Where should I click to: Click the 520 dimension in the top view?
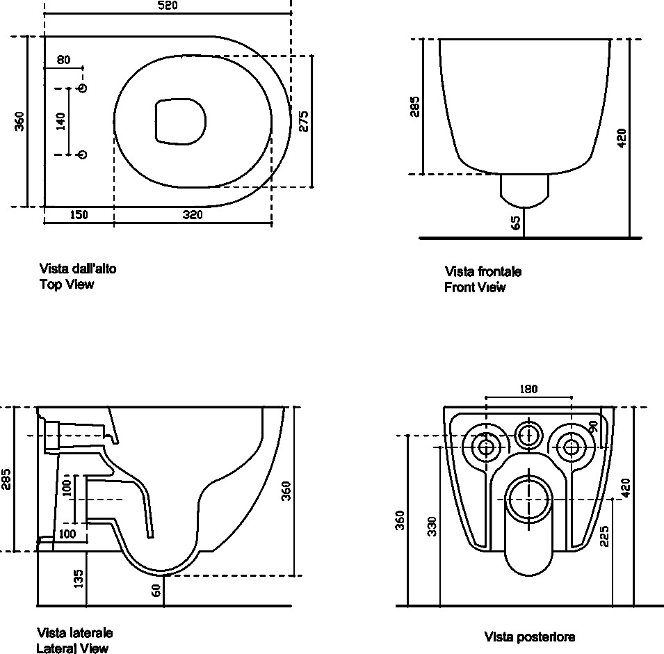[x=168, y=6]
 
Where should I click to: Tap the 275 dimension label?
[x=304, y=121]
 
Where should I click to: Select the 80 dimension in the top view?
[x=63, y=60]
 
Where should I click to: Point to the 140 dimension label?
[x=61, y=121]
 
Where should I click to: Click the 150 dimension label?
[x=79, y=215]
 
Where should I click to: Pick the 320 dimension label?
[x=193, y=215]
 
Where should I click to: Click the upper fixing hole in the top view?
[x=83, y=88]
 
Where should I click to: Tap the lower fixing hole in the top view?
[x=83, y=154]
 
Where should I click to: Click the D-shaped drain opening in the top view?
[x=180, y=122]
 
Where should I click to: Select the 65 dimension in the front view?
[x=516, y=223]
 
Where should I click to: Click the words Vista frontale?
[x=483, y=271]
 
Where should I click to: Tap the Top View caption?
[x=67, y=284]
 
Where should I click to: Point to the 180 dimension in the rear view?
[x=528, y=389]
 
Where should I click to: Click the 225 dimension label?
[x=604, y=536]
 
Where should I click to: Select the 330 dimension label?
[x=432, y=526]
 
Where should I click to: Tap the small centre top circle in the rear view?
[x=528, y=434]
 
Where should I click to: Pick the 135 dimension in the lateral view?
[x=79, y=578]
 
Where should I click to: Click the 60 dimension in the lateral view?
[x=156, y=591]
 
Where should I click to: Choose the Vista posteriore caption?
[x=530, y=637]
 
